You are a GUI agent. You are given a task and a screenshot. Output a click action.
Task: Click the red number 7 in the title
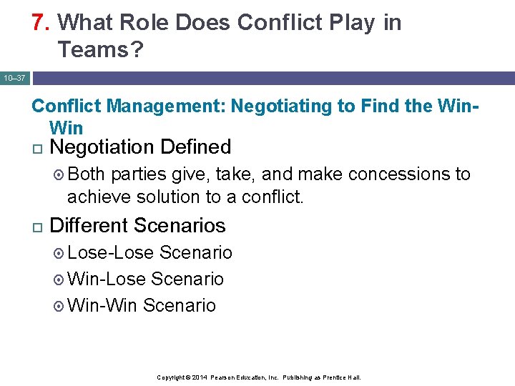[38, 23]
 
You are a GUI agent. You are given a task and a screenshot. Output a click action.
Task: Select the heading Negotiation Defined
[141, 147]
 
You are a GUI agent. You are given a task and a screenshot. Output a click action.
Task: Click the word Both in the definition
[87, 174]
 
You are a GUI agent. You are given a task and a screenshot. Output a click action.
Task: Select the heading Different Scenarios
[138, 226]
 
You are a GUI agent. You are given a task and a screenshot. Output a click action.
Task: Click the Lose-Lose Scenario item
[149, 252]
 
